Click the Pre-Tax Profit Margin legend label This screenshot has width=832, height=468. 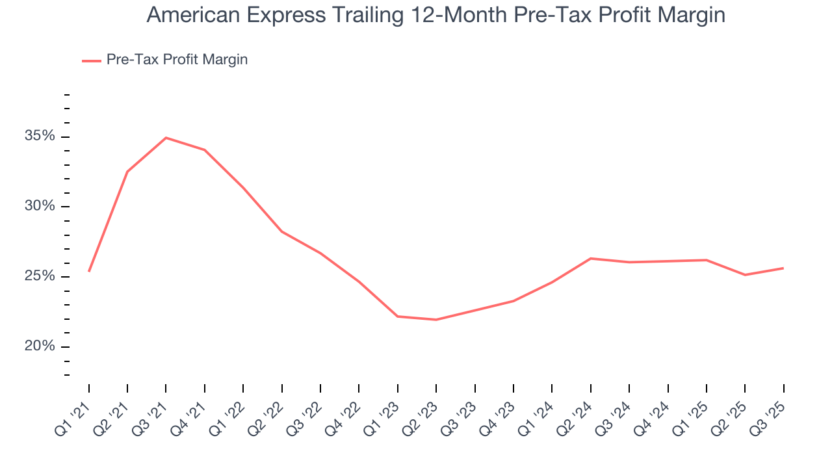coord(177,60)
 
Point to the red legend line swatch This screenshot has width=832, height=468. coord(91,60)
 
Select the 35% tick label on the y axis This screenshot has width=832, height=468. coord(39,136)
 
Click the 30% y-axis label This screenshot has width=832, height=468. coord(39,207)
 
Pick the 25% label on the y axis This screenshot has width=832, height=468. coord(39,276)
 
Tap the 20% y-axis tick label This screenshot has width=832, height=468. coord(39,346)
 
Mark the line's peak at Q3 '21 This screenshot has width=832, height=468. coord(166,138)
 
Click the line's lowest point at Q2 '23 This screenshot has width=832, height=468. coord(436,320)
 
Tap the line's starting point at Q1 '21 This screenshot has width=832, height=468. coord(89,271)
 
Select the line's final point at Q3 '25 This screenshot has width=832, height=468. coord(783,268)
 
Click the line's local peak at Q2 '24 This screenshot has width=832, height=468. coord(590,259)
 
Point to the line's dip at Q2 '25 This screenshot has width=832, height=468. coord(745,275)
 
